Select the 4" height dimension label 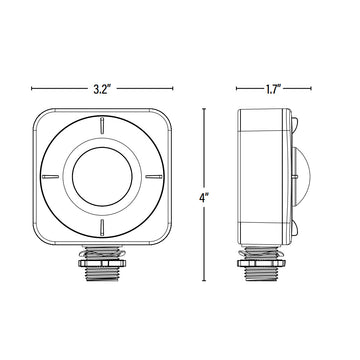click(x=204, y=197)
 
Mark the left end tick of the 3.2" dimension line click(x=30, y=87)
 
